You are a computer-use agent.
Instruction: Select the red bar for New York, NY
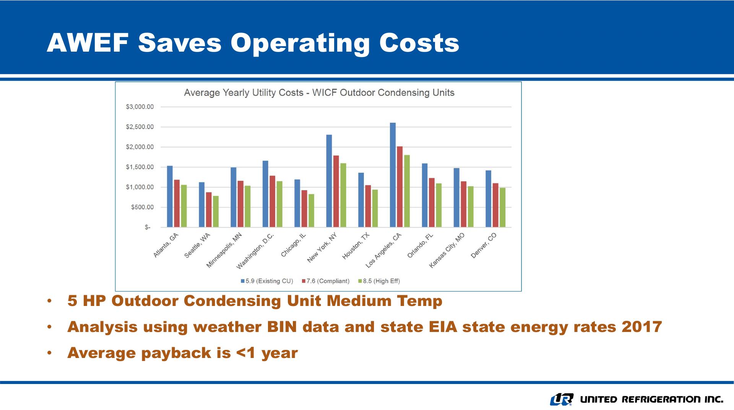coord(336,191)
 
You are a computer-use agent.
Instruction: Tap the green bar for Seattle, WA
coord(216,212)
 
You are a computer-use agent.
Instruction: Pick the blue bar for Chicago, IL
coord(297,203)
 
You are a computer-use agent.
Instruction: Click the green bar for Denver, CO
coord(502,207)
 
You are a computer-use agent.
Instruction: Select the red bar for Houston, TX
coord(368,206)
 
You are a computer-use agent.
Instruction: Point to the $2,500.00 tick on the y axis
coord(140,127)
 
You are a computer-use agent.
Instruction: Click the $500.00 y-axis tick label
coord(142,207)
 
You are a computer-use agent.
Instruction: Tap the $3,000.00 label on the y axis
coord(140,107)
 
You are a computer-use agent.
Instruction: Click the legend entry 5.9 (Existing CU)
coord(267,281)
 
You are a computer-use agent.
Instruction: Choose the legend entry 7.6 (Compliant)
coord(326,281)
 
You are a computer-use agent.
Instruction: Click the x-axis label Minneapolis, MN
coord(225,250)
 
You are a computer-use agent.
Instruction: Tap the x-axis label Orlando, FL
coord(421,245)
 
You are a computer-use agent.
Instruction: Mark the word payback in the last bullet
coord(176,353)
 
